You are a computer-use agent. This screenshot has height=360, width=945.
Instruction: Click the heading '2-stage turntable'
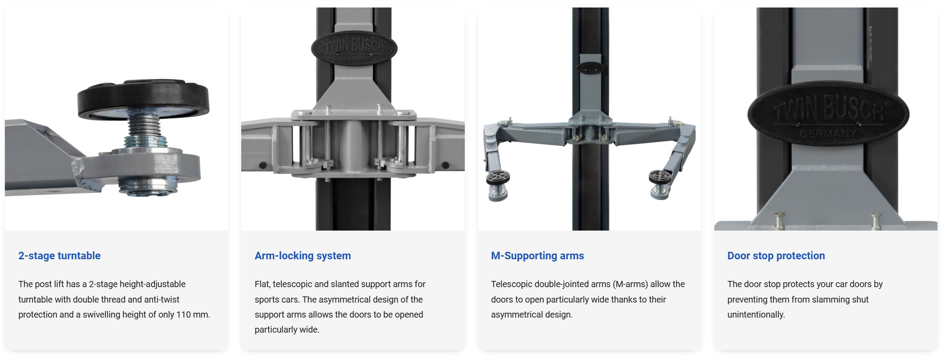59,256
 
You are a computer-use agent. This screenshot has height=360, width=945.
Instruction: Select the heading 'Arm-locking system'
303,256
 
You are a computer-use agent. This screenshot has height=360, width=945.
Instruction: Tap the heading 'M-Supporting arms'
537,256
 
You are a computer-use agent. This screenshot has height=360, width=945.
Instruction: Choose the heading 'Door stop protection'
776,256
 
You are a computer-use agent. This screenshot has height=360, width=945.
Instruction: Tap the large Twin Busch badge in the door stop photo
828,114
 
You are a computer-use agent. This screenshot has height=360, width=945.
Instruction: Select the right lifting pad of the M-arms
660,177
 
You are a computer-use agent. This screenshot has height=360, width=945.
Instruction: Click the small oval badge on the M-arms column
590,67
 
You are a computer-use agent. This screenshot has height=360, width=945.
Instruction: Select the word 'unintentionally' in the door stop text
756,315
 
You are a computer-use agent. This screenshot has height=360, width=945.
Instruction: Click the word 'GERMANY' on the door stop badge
828,133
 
